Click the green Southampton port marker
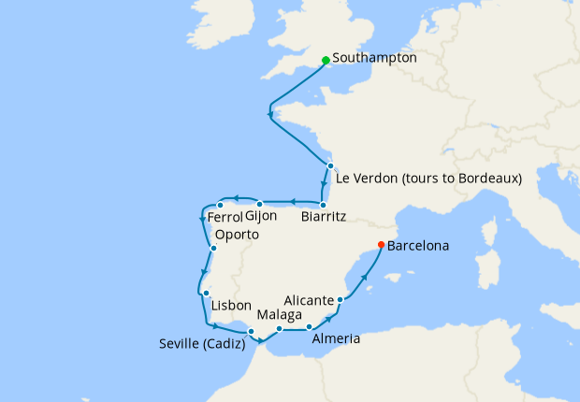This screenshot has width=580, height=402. (325, 60)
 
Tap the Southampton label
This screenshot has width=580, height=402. (373, 58)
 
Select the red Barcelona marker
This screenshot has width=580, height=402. (380, 245)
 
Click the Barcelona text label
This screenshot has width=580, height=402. (417, 247)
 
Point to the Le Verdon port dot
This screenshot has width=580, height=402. (330, 165)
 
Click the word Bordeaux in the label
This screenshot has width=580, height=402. (486, 178)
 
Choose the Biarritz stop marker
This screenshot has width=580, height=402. (323, 205)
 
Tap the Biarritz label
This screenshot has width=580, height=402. (325, 217)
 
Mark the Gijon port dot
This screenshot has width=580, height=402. (260, 203)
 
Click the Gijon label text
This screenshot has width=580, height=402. (261, 216)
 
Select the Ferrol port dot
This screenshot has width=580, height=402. (220, 205)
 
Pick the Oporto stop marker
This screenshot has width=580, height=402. (214, 248)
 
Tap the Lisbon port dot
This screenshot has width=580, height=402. (205, 294)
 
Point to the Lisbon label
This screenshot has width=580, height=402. (231, 306)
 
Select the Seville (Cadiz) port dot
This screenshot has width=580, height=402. (251, 331)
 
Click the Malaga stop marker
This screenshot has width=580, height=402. (280, 328)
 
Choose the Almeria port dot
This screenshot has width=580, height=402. (309, 326)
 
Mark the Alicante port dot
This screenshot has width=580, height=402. (340, 300)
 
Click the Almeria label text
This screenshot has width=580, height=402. (335, 339)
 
